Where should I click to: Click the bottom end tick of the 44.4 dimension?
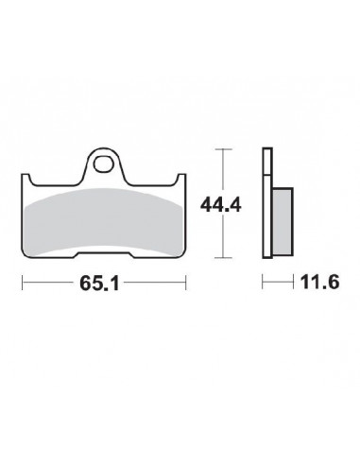pyautogui.click(x=223, y=257)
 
